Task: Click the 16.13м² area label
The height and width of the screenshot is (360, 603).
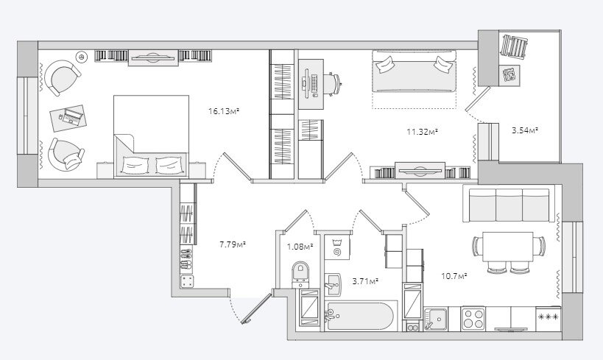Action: tap(224, 112)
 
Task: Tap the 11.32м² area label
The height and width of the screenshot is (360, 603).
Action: tap(423, 133)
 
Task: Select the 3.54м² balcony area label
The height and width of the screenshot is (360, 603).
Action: tap(524, 130)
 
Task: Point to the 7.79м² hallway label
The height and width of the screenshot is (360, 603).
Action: tap(233, 244)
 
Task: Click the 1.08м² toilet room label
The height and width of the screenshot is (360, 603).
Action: tap(300, 246)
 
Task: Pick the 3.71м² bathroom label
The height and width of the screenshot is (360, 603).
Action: tap(365, 281)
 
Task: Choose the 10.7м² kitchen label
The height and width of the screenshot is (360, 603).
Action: tap(454, 276)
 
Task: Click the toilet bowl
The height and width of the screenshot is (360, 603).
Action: tap(300, 274)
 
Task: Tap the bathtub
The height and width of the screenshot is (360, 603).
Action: tap(359, 317)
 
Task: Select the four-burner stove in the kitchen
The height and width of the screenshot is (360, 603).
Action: tap(473, 319)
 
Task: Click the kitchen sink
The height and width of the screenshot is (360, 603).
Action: tap(435, 319)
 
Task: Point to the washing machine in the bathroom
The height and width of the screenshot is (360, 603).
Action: tap(337, 247)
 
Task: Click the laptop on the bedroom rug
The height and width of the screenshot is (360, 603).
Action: tap(72, 117)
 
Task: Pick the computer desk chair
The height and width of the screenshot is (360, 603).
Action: tap(333, 84)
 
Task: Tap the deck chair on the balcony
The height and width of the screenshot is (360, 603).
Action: tap(513, 46)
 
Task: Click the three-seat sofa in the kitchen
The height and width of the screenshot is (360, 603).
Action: tap(509, 204)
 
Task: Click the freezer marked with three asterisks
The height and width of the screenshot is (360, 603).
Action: tap(549, 319)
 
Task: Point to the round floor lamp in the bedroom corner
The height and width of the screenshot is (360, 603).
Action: tap(82, 57)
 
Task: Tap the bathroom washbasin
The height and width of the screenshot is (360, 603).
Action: tap(333, 285)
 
